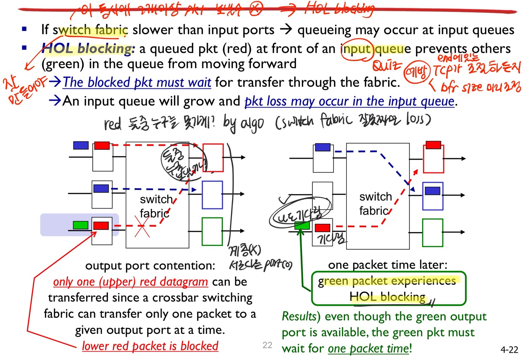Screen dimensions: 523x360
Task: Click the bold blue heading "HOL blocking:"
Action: tap(88, 49)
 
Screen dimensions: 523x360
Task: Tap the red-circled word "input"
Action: tap(356, 49)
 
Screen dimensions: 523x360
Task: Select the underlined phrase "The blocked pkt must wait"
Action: tap(137, 82)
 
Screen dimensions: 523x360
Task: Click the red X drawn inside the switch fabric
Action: tap(142, 226)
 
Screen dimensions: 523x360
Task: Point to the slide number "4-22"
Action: tap(509, 349)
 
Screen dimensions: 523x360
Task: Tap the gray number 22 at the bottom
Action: tap(267, 345)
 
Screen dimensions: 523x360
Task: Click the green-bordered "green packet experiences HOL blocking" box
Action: tap(388, 288)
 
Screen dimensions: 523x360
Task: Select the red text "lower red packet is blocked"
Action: tap(150, 346)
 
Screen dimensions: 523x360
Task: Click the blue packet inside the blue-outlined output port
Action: tap(432, 191)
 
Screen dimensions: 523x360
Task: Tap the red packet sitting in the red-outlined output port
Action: tap(433, 145)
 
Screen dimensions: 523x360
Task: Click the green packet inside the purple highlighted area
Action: tap(80, 225)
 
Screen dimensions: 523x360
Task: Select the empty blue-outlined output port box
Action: tap(212, 195)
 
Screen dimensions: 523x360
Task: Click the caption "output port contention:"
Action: tap(150, 266)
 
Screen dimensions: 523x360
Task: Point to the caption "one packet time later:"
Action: tap(388, 265)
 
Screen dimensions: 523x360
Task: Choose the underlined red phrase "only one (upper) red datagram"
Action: tap(130, 282)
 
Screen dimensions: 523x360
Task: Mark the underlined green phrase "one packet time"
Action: tap(368, 348)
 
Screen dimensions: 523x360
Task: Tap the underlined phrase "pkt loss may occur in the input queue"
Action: tap(349, 101)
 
